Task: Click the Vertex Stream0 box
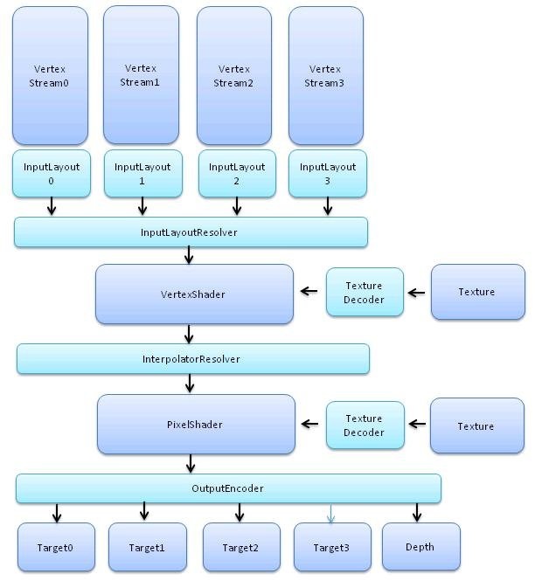click(50, 75)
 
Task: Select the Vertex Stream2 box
click(233, 75)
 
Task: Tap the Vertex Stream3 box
click(325, 75)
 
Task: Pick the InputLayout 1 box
click(142, 173)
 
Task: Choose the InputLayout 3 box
click(328, 173)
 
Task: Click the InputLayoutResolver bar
click(191, 232)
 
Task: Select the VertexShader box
click(194, 294)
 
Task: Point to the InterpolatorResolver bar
click(192, 358)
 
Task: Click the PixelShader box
click(195, 425)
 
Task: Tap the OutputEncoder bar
click(227, 488)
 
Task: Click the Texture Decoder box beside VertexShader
click(365, 293)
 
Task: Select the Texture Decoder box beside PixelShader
click(365, 425)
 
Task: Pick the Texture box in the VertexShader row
click(477, 292)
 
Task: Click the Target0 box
click(55, 548)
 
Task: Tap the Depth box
click(420, 547)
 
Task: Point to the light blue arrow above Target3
click(330, 513)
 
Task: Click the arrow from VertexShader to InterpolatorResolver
click(189, 335)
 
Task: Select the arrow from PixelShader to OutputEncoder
click(189, 465)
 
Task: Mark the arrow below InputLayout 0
click(52, 206)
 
